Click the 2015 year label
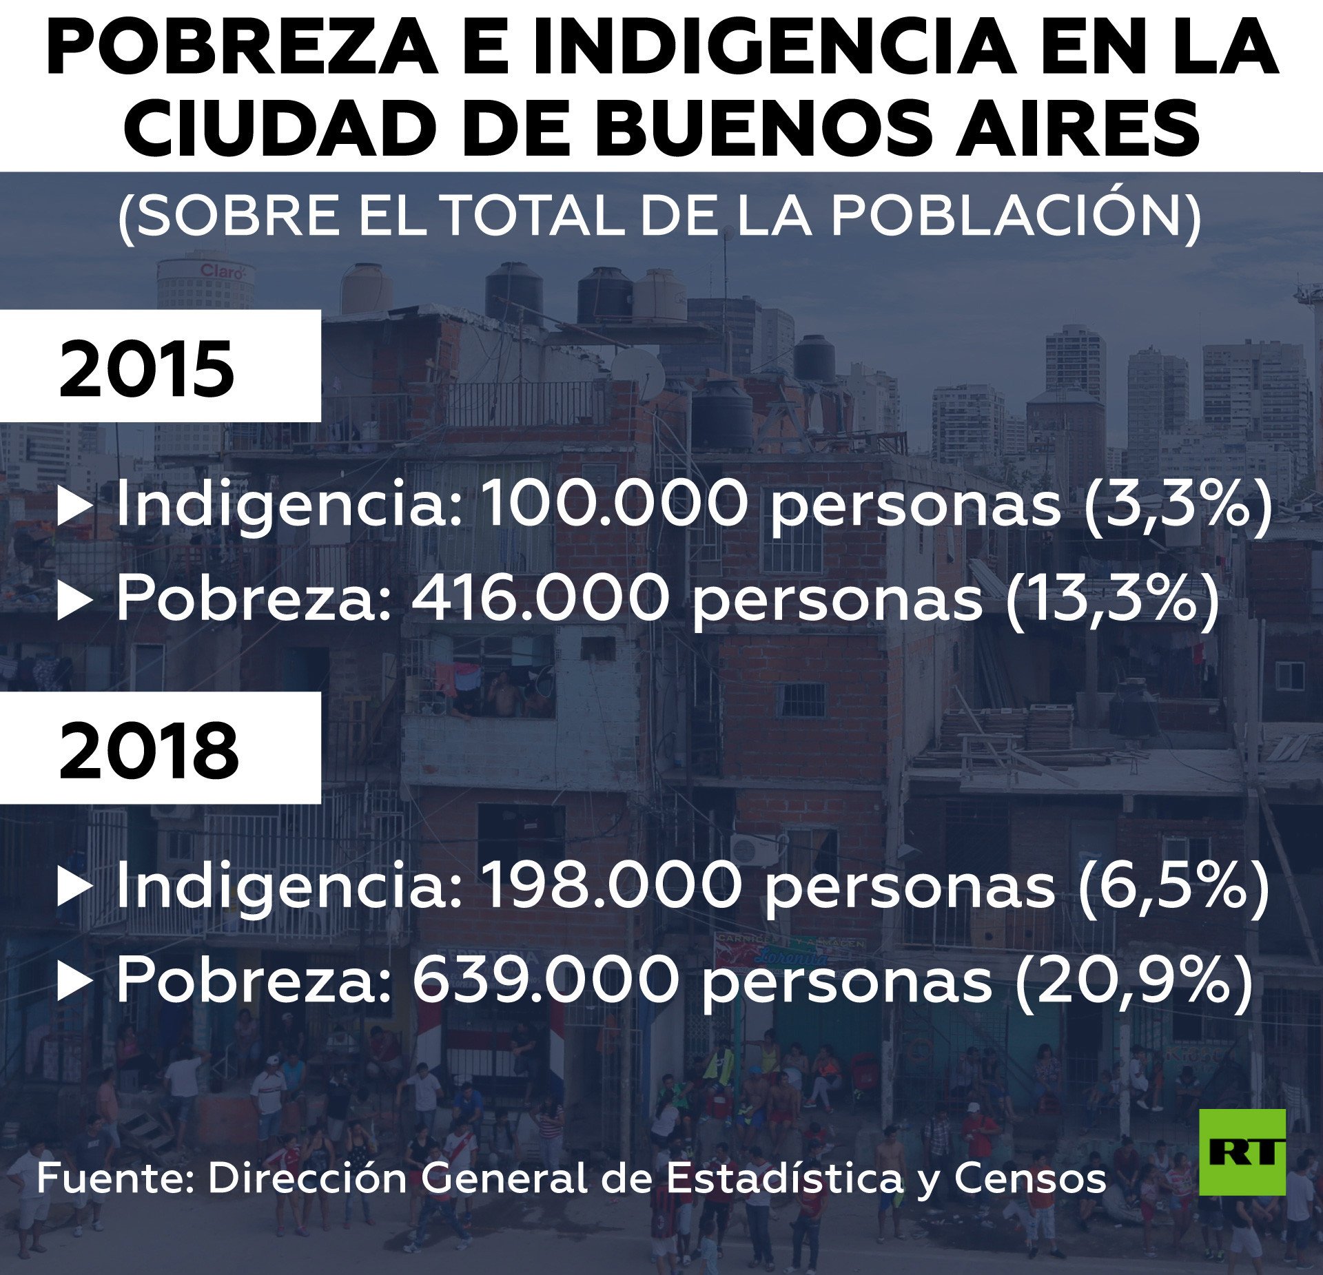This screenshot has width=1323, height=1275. pos(147,369)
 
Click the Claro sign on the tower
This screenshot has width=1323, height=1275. pos(222,271)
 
